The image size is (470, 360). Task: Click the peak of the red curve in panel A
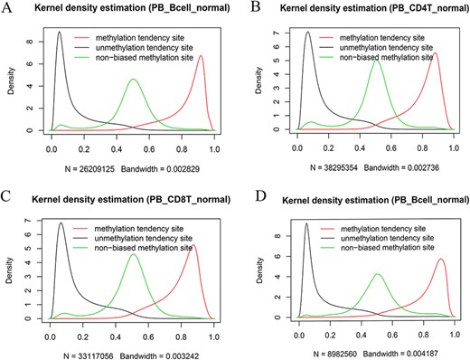tap(201, 56)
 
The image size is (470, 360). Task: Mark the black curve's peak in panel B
tap(307, 33)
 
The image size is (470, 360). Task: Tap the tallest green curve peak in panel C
tap(134, 254)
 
